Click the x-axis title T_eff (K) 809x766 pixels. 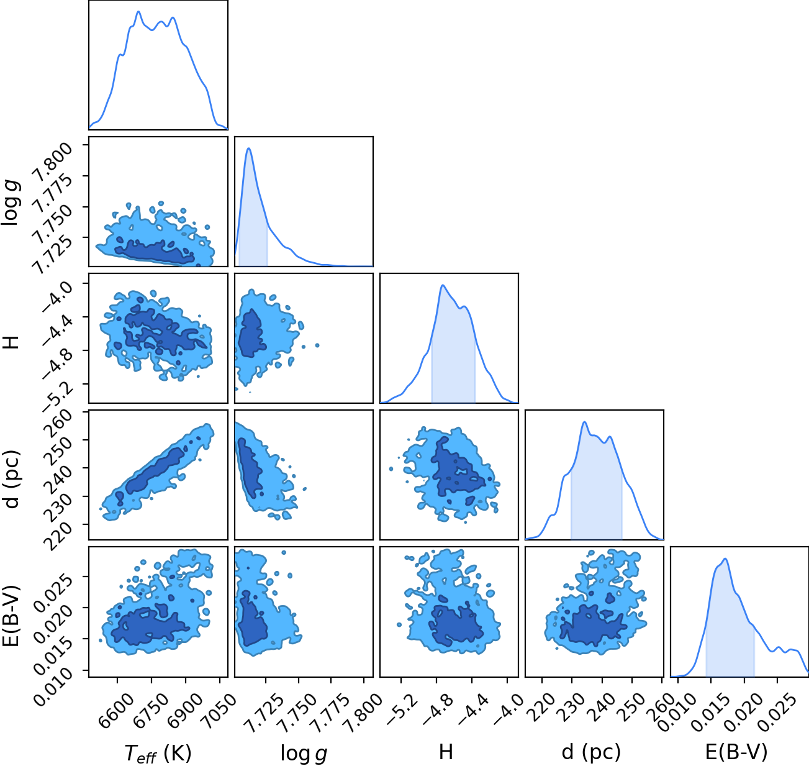tap(158, 753)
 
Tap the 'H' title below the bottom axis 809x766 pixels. tap(446, 752)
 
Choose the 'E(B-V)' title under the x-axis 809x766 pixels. tap(736, 752)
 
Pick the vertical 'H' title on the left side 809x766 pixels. tap(11, 342)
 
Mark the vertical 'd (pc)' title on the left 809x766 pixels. tap(11, 480)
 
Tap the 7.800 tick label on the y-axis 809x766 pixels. tap(52, 162)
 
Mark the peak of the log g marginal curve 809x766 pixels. tap(248, 148)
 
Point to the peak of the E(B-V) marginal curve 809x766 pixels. tap(725, 559)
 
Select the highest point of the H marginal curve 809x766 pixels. tap(443, 285)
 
